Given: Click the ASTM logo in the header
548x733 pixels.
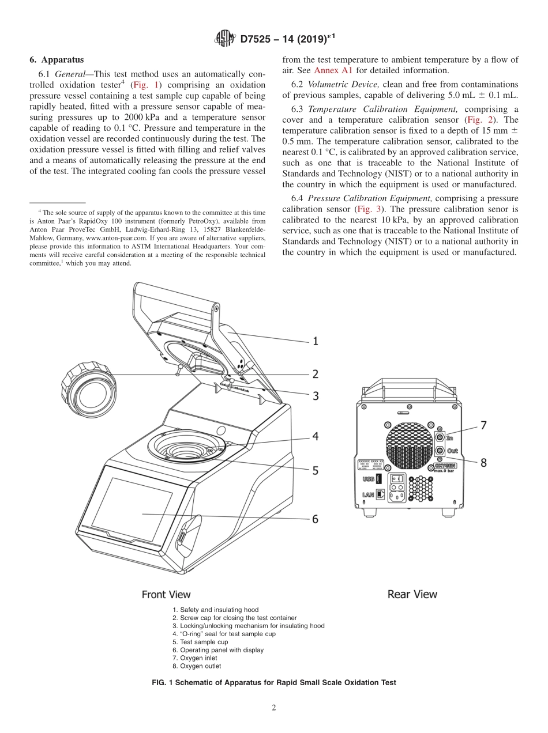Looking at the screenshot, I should [224, 39].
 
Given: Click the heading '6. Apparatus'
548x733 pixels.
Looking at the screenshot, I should [57, 59].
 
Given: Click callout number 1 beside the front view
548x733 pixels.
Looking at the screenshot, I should [315, 341].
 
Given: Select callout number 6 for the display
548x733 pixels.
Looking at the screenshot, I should [315, 519].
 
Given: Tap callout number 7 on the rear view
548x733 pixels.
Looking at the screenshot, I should [483, 425].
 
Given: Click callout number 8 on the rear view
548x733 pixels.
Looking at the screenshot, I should [483, 462].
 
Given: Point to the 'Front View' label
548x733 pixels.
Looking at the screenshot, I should [166, 594].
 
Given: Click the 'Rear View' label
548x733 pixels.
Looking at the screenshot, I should [412, 594].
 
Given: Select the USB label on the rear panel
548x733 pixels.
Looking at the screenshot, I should [367, 478].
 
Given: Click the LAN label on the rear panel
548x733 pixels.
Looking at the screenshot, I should [367, 494].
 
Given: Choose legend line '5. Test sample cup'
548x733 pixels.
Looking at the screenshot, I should [200, 642].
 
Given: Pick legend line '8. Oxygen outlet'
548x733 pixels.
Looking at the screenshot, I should [197, 666].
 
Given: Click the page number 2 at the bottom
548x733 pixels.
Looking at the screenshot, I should [274, 708].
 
